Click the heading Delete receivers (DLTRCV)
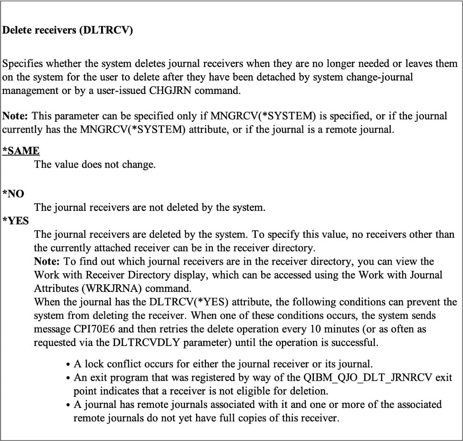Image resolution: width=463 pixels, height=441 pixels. pos(68,30)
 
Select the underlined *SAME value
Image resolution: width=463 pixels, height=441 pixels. pos(21,151)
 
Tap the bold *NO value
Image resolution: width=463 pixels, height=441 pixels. pos(13,194)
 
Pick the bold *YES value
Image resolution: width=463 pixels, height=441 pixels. pos(16,221)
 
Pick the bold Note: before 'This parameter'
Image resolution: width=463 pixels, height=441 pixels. pos(16,116)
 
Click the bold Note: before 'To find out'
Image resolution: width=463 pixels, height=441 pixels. pos(47,261)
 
